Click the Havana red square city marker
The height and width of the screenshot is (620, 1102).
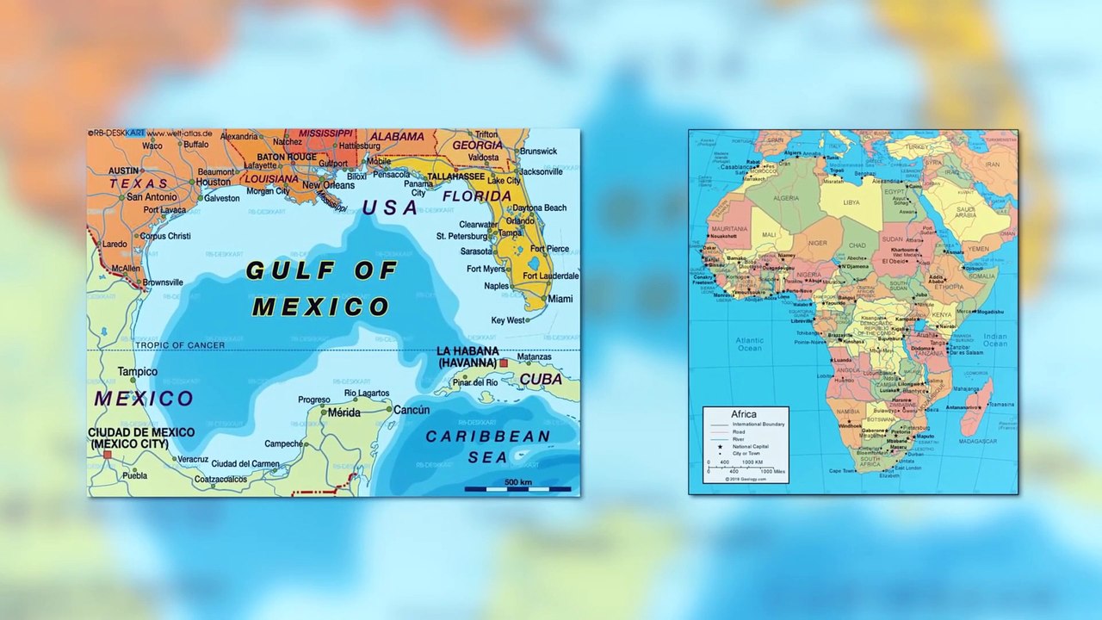click(504, 363)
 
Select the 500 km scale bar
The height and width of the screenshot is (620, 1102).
click(517, 488)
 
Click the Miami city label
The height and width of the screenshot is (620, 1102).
click(560, 299)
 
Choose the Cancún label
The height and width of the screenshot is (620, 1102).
click(411, 410)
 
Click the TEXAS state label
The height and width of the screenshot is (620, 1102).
click(139, 183)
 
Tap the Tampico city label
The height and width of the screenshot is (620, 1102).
click(138, 372)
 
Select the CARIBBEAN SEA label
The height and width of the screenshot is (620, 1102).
click(488, 447)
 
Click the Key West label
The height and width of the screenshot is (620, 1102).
click(508, 320)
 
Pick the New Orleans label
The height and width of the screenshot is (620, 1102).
click(328, 185)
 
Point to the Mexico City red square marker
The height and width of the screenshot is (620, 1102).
click(108, 454)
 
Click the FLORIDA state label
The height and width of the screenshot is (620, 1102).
click(477, 196)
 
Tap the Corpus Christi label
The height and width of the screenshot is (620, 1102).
click(165, 236)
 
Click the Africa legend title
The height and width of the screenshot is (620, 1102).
click(744, 414)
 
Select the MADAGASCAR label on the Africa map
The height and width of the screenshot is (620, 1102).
click(977, 441)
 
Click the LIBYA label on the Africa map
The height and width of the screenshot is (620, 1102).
click(851, 202)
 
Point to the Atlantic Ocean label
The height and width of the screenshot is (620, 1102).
click(749, 344)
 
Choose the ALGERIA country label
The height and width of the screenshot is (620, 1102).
click(787, 196)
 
